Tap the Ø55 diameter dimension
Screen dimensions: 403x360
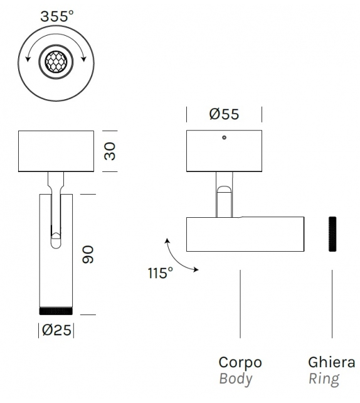[224, 114]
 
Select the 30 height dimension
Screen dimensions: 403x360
[110, 151]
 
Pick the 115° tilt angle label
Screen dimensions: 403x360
[161, 273]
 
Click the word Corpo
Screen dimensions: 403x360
[240, 362]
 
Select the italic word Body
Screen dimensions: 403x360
[235, 379]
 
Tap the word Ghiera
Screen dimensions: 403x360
[331, 362]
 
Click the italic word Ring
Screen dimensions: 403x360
[323, 379]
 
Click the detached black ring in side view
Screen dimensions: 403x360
[332, 234]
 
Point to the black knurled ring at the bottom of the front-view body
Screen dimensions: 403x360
[56, 311]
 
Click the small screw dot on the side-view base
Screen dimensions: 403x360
[224, 137]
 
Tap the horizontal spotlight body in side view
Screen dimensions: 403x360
[245, 234]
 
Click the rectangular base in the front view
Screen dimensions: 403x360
[56, 151]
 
